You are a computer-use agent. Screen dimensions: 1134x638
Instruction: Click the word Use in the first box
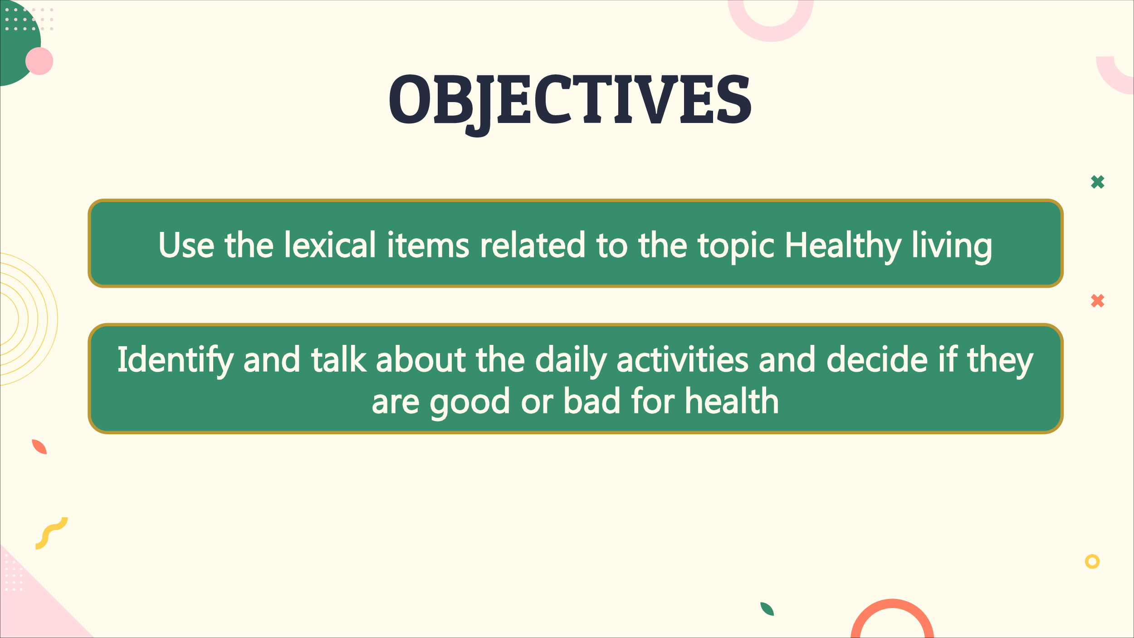point(186,245)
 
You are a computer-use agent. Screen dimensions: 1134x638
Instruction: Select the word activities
point(682,359)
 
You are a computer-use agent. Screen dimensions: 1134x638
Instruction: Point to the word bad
point(591,401)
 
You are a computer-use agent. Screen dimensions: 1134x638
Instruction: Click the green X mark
point(1098,182)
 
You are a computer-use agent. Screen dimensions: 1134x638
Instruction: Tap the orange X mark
point(1098,301)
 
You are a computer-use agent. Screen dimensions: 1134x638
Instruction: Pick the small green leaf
point(767,609)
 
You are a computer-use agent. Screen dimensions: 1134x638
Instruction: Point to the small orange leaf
point(39,447)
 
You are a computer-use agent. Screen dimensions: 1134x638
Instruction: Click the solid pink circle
point(39,61)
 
